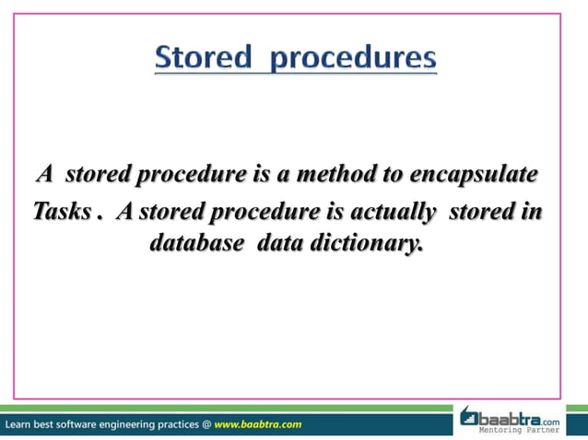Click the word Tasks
tap(62, 212)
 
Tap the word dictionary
tap(362, 245)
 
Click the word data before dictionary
tap(278, 245)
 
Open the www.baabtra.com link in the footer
tap(257, 424)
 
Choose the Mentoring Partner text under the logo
tap(523, 430)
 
